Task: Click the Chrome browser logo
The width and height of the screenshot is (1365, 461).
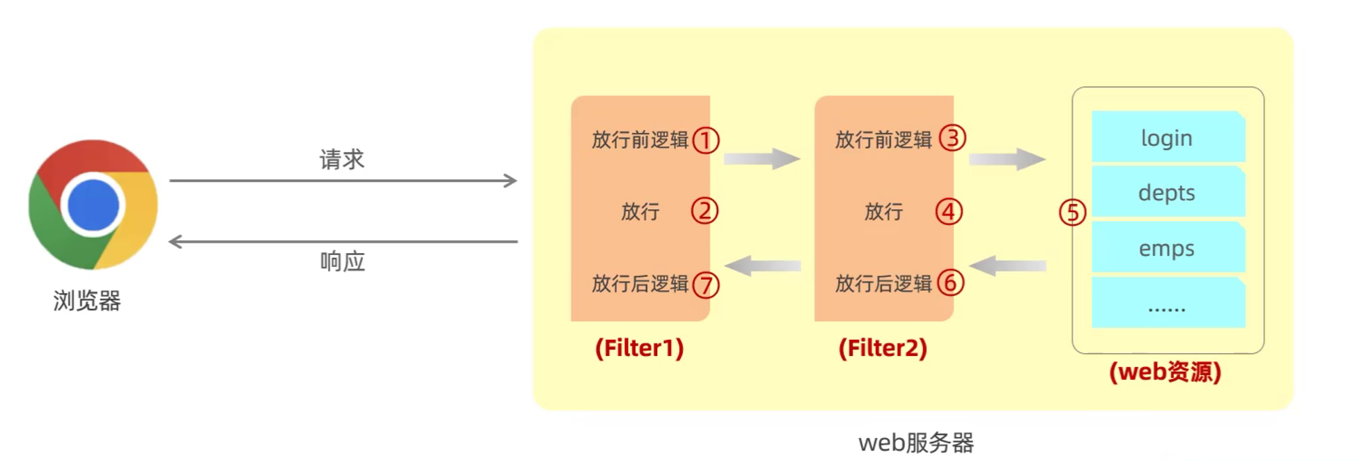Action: [93, 204]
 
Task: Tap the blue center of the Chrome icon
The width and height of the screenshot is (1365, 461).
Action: [93, 205]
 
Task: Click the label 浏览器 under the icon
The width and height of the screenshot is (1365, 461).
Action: [87, 301]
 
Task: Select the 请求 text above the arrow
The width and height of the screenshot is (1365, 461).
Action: [342, 160]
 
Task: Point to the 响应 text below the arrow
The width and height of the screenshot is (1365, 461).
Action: [342, 261]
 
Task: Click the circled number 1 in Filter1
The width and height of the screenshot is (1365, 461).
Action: [706, 140]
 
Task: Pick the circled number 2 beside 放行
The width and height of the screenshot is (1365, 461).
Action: [704, 211]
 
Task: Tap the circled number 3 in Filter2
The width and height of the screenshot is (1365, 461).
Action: [952, 138]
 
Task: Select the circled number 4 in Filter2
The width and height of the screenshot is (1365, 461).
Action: [948, 211]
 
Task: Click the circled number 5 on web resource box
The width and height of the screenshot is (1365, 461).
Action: [1072, 213]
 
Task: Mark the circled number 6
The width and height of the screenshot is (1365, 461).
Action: [950, 282]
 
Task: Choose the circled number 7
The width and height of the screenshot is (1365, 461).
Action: [706, 284]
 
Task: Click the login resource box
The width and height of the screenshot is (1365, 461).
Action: [1167, 138]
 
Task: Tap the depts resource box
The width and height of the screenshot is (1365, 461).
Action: [1167, 193]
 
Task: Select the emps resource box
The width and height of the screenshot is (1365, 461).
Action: [1167, 248]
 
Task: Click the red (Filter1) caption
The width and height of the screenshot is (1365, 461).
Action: [639, 348]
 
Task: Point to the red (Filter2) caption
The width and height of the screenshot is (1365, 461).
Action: [882, 348]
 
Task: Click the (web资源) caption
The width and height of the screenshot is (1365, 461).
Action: [1165, 372]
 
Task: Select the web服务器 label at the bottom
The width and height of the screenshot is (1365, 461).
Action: [916, 443]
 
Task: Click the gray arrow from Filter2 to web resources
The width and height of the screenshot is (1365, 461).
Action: [1006, 160]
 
